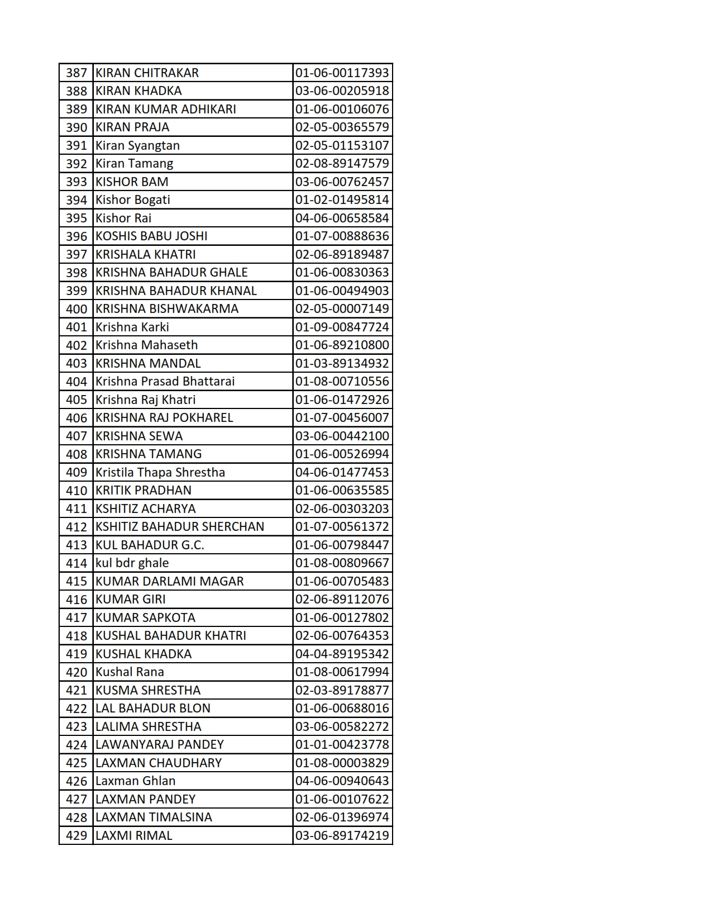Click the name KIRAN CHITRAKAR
point(147,73)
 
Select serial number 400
point(77,309)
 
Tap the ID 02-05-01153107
point(342,145)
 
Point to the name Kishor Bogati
point(133,200)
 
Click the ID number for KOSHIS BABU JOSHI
point(342,236)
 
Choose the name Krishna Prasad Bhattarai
point(165,382)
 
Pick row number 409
point(77,473)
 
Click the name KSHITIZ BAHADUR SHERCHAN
point(180,527)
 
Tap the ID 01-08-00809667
point(342,563)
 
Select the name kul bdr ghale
point(132,563)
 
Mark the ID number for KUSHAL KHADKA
point(342,654)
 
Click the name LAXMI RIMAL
point(134,835)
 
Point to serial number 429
point(77,835)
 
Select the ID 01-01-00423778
point(342,745)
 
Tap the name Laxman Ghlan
point(135,781)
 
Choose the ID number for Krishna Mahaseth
point(342,345)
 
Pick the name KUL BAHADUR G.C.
point(150,545)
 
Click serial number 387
point(77,73)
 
